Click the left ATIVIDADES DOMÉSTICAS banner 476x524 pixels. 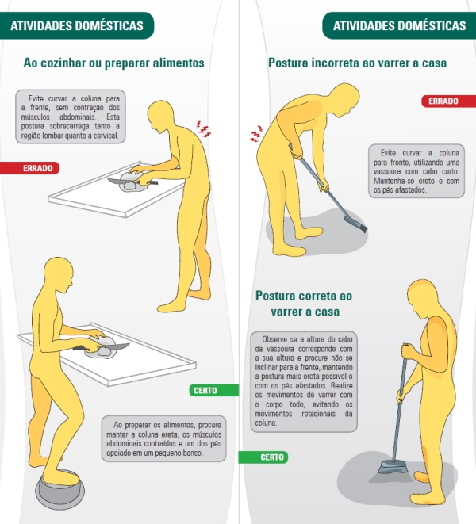tap(77, 25)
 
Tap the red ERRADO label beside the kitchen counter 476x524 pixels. tap(30, 168)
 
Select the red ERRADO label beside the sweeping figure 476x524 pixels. tap(448, 101)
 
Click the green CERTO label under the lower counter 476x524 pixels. tap(213, 390)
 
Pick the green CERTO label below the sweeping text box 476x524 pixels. tap(263, 457)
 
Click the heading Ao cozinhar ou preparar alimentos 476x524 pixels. tap(113, 63)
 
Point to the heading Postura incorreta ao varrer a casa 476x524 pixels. tap(357, 63)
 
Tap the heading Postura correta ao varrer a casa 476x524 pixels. tap(304, 304)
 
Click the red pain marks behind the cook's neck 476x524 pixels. tap(203, 129)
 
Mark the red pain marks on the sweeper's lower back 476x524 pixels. tap(256, 134)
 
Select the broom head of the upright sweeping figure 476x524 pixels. tap(393, 466)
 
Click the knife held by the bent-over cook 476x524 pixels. tap(132, 182)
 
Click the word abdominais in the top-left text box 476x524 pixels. tap(78, 117)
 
